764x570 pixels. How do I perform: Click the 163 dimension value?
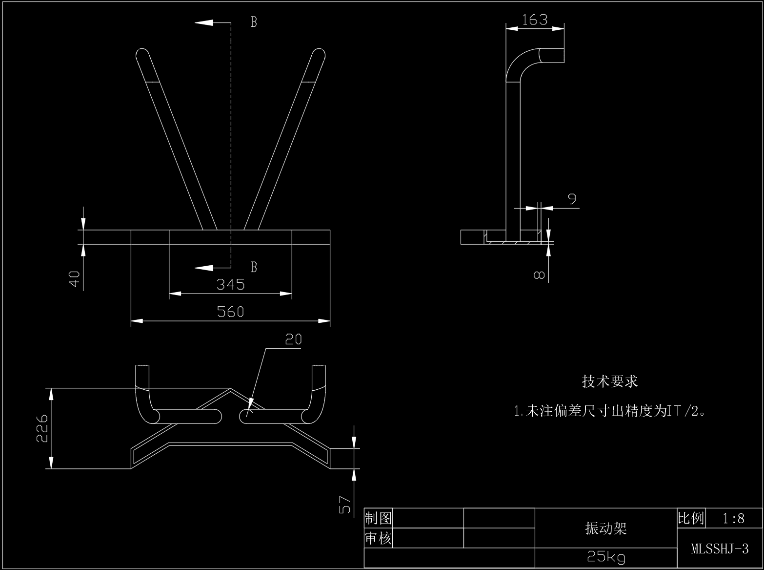[x=535, y=20]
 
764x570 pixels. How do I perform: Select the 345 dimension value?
[x=230, y=284]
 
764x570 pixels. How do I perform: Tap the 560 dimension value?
[x=230, y=312]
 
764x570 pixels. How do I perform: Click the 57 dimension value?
[x=345, y=505]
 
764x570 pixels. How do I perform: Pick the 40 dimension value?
[x=74, y=279]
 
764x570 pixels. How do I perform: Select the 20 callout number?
[x=293, y=339]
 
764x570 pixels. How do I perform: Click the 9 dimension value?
[x=572, y=199]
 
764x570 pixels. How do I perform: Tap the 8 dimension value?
[x=539, y=275]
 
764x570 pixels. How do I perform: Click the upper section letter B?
[x=254, y=22]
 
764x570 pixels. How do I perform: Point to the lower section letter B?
[x=254, y=267]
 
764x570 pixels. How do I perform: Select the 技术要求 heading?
[x=610, y=381]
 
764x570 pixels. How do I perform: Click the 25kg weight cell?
[x=606, y=557]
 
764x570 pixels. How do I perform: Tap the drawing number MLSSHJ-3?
[x=720, y=549]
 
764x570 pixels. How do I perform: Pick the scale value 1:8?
[x=734, y=518]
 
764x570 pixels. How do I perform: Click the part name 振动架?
[x=606, y=528]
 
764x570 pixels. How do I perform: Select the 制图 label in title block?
[x=378, y=518]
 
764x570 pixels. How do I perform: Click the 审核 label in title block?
[x=378, y=539]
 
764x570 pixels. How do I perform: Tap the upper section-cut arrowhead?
[x=204, y=22]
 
